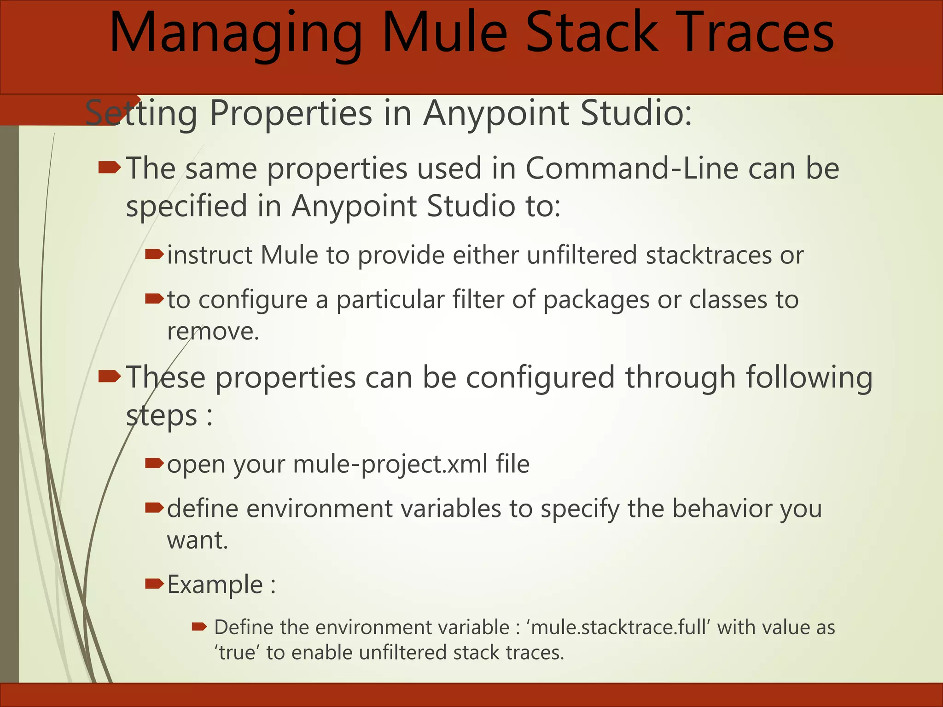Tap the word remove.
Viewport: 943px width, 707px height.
213,331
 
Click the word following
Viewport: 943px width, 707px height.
809,377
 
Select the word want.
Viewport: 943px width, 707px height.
197,540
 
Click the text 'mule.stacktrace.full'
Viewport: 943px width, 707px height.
618,627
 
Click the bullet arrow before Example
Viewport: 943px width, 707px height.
154,584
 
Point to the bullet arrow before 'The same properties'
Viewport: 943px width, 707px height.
109,168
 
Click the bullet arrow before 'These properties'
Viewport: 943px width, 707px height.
109,377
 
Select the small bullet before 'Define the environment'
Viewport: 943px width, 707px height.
199,626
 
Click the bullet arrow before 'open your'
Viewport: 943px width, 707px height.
154,463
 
